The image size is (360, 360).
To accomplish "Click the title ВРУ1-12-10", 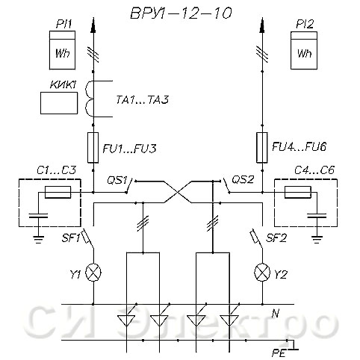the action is pyautogui.click(x=181, y=13).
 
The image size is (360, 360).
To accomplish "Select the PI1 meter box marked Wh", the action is pyautogui.click(x=62, y=50).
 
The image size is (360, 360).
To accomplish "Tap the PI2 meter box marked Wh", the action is pyautogui.click(x=304, y=50).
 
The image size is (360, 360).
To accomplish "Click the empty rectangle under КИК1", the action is pyautogui.click(x=59, y=103).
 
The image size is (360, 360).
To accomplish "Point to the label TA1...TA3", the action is pyautogui.click(x=143, y=99).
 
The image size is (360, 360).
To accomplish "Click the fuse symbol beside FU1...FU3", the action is pyautogui.click(x=93, y=148).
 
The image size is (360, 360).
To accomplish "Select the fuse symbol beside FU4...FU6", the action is pyautogui.click(x=262, y=148).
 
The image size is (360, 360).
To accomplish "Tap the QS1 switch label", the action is pyautogui.click(x=117, y=180).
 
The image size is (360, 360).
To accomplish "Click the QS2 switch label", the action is pyautogui.click(x=243, y=179).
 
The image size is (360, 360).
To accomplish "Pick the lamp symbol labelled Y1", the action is pyautogui.click(x=93, y=273).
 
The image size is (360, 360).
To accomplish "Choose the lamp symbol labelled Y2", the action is pyautogui.click(x=262, y=273).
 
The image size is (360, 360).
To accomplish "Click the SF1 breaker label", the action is pyautogui.click(x=70, y=238).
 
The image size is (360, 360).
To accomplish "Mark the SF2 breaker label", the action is pyautogui.click(x=276, y=238).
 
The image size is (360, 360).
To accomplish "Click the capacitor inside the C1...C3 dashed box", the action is pyautogui.click(x=38, y=215).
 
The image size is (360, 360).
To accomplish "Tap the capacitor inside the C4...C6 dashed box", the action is pyautogui.click(x=317, y=215).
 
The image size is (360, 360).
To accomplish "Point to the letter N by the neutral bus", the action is pyautogui.click(x=276, y=313).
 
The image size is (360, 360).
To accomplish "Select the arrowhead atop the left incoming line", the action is pyautogui.click(x=93, y=25).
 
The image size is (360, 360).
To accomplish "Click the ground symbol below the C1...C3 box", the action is pyautogui.click(x=38, y=239).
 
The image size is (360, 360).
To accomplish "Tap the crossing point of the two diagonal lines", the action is pyautogui.click(x=178, y=192).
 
